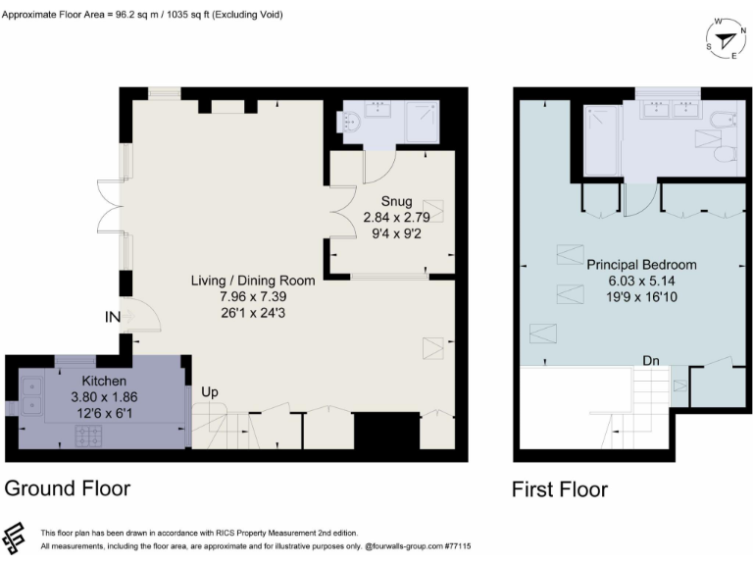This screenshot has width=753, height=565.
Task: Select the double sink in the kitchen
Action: click(31, 393)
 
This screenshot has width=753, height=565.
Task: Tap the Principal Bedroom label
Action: click(641, 265)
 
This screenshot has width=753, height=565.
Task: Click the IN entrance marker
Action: click(115, 317)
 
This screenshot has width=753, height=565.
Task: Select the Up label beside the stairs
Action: click(209, 392)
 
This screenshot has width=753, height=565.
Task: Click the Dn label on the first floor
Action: click(651, 360)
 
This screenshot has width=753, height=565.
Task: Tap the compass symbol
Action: click(724, 40)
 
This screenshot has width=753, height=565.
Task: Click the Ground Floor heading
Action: click(68, 488)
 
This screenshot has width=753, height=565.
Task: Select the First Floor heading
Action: click(560, 488)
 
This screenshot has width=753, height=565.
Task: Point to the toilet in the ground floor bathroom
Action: click(351, 123)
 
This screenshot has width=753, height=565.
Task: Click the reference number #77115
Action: click(457, 545)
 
